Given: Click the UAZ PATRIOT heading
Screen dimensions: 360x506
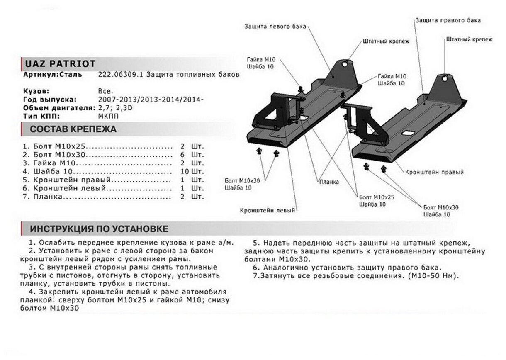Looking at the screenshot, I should [x=61, y=63].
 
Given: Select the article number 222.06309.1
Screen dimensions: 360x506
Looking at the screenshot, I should [x=118, y=75].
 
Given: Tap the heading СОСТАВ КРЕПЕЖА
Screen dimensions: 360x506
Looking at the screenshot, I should [x=73, y=129].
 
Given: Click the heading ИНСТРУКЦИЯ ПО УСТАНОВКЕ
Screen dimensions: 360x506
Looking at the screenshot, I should [x=99, y=229].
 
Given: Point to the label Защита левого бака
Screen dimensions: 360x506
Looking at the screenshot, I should [x=275, y=27].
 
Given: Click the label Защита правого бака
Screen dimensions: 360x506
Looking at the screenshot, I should [x=448, y=20].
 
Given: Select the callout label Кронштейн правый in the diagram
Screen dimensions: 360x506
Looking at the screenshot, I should [x=434, y=172].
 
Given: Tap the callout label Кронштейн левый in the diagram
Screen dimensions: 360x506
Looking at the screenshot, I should [x=267, y=210].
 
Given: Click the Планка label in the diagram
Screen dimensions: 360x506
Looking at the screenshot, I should [x=329, y=182].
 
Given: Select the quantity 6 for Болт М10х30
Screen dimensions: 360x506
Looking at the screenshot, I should [x=182, y=155].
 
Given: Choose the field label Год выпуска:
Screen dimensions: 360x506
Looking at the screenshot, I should [x=50, y=100].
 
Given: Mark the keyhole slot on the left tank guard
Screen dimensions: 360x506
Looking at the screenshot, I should [x=345, y=63].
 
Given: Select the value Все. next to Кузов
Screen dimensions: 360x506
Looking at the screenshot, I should [x=105, y=91].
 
